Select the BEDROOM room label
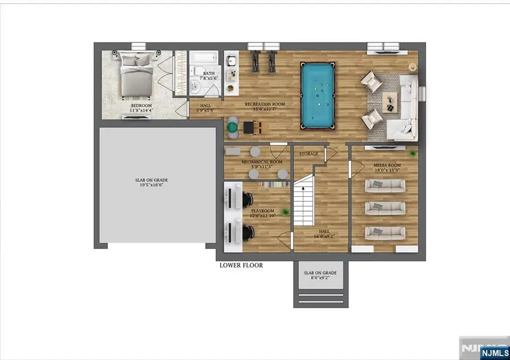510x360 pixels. coord(141,105)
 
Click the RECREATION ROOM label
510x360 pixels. coord(265,105)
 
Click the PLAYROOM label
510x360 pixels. coord(262,211)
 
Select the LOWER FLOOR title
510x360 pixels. coord(241,265)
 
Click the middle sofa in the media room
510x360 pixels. coord(385,209)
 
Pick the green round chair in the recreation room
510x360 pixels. coord(233,128)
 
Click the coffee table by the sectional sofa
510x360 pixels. coord(390,101)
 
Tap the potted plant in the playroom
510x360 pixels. coord(286,211)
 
